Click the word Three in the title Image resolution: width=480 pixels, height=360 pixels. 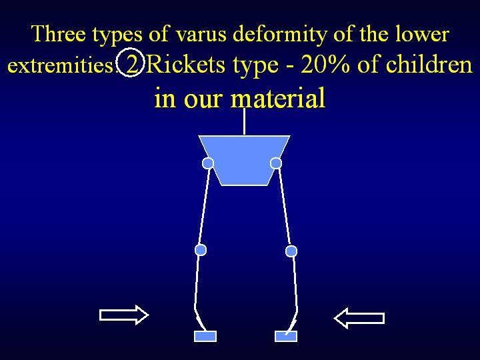point(58,33)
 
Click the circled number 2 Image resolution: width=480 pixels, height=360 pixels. point(131,63)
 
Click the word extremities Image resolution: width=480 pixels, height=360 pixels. point(62,65)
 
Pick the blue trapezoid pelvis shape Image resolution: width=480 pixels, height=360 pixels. point(244,160)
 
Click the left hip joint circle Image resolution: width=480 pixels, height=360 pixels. point(208,163)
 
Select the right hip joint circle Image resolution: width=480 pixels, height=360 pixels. point(276,163)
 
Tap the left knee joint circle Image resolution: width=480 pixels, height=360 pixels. point(201,250)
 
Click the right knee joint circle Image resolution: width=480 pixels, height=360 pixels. point(291,251)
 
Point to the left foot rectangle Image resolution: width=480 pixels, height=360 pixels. point(205,336)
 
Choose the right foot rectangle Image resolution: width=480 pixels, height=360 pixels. point(286,336)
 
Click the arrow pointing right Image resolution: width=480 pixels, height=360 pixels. point(124,315)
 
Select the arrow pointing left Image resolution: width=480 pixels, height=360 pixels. point(359,319)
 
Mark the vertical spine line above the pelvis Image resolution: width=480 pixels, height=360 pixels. point(244,121)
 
